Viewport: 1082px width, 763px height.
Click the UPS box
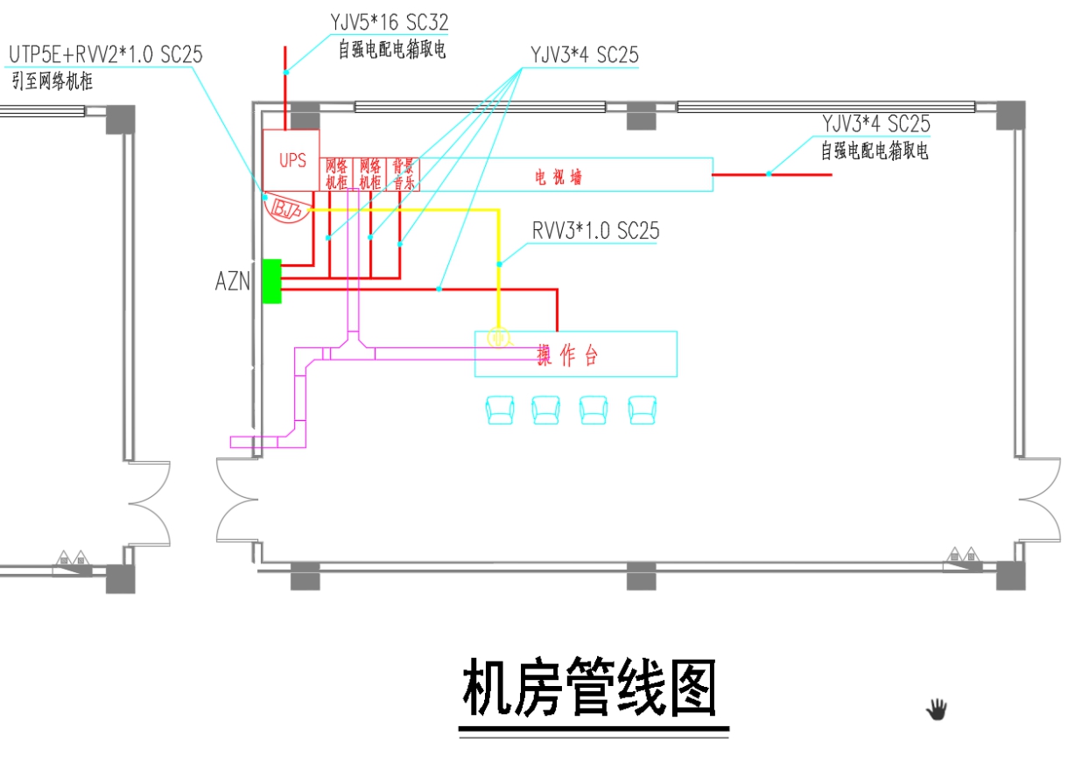coord(292,160)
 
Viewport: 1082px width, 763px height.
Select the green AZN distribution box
coord(271,281)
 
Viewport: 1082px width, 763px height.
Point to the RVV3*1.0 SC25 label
coord(595,231)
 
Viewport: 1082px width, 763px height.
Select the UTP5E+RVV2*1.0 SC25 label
coord(106,55)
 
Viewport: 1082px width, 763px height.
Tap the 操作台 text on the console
coord(568,355)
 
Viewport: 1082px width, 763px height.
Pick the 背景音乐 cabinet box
coord(403,174)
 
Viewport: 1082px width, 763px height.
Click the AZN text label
coord(233,282)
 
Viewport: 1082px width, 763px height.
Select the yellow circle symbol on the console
coord(498,337)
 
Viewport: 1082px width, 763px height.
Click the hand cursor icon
coord(938,709)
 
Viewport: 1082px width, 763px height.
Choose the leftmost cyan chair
coord(501,409)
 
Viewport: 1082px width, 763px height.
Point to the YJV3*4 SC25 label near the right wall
coord(875,124)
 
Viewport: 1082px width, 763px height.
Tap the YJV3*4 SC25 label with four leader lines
coord(584,54)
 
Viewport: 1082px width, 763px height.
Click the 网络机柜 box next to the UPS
coord(337,174)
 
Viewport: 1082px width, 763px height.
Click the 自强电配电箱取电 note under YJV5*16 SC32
coord(392,50)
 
